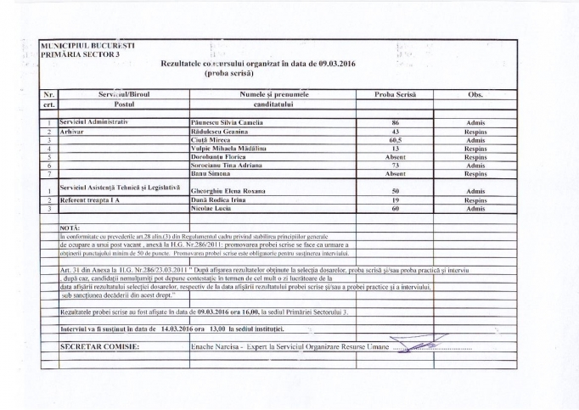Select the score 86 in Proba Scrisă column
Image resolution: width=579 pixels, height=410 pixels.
coord(394,123)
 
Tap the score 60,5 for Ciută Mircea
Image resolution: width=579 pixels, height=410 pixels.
coord(394,140)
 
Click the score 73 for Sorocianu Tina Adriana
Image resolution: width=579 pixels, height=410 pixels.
coord(394,165)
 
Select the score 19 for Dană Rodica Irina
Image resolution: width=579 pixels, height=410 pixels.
coord(394,199)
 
